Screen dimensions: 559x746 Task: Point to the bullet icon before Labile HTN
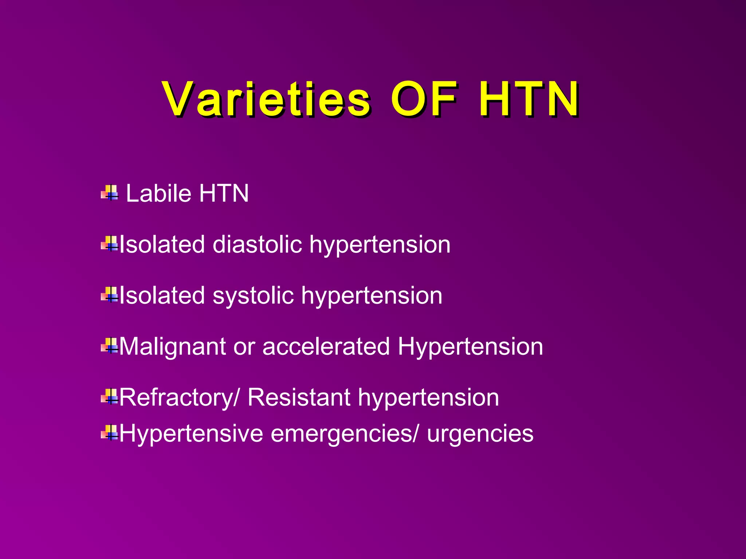[x=110, y=193]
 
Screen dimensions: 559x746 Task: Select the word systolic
[x=253, y=296]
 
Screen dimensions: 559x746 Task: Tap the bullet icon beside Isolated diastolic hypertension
[x=110, y=244]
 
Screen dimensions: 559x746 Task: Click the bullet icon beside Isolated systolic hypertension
[x=110, y=295]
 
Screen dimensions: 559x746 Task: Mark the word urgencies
[x=480, y=434]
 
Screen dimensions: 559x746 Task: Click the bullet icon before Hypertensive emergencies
[x=110, y=433]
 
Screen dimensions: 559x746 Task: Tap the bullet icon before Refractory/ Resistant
[x=110, y=397]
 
